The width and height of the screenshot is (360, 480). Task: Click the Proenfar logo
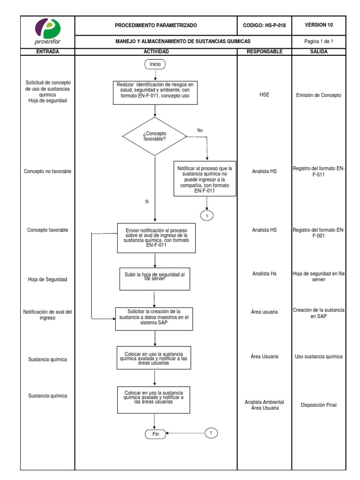click(x=48, y=31)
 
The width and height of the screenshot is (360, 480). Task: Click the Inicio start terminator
click(x=155, y=64)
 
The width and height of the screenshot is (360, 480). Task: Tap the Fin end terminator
click(x=156, y=434)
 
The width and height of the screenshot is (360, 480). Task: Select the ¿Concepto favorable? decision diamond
click(x=155, y=136)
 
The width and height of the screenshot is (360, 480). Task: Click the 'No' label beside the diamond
click(x=200, y=130)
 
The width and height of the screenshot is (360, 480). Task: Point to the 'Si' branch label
click(x=147, y=202)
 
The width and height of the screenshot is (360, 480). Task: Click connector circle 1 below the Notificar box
click(x=207, y=215)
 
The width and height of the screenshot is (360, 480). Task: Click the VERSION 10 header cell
click(x=319, y=25)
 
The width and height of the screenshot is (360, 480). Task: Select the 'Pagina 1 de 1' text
click(x=319, y=41)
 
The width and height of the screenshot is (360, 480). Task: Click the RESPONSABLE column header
click(x=264, y=52)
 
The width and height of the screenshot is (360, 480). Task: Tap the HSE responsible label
click(x=264, y=95)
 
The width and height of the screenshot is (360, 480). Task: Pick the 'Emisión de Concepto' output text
click(x=319, y=95)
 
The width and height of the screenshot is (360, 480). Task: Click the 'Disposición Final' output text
click(x=319, y=405)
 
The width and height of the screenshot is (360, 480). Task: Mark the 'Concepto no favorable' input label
click(x=47, y=172)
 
